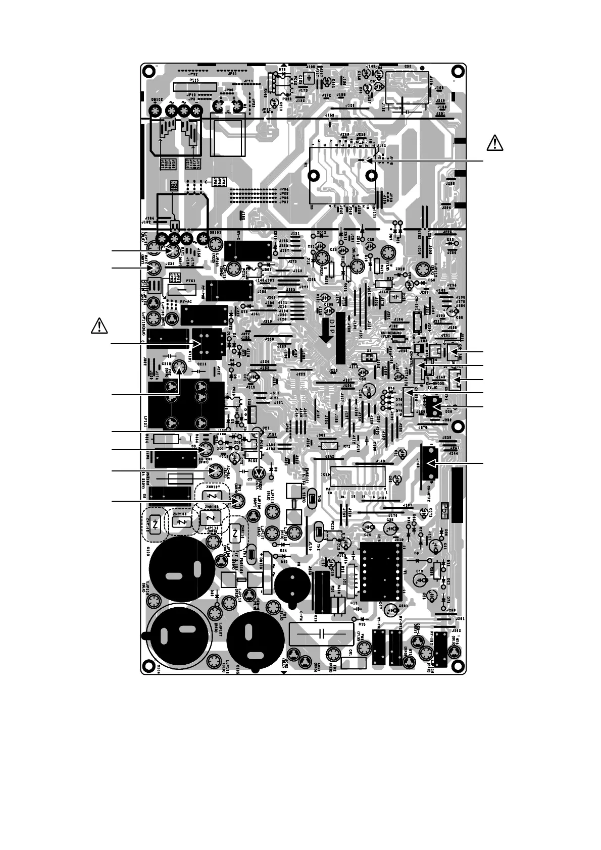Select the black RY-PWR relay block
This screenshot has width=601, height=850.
(x=230, y=290)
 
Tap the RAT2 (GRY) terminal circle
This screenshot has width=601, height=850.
(x=154, y=269)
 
